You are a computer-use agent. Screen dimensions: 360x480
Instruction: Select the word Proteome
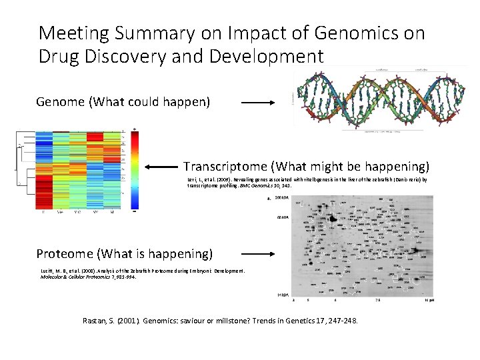[65, 253]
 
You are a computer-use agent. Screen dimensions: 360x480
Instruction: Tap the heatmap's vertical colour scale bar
[135, 169]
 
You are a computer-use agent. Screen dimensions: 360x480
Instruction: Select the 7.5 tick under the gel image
[378, 301]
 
